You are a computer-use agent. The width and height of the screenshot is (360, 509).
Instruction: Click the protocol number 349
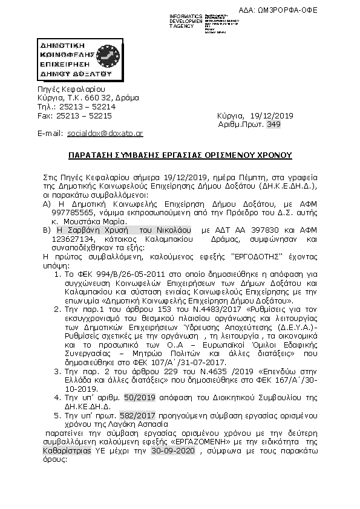point(273,124)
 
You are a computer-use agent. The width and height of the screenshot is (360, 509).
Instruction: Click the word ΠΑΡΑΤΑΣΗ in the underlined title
point(90,155)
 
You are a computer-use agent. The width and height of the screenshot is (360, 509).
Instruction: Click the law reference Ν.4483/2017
point(174,308)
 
